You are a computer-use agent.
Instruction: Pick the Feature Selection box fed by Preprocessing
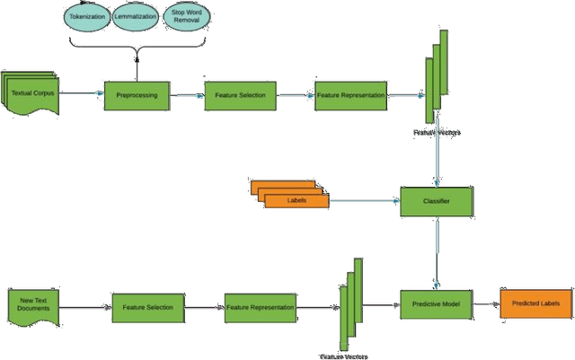[240, 95]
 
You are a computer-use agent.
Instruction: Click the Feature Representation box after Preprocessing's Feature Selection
[350, 95]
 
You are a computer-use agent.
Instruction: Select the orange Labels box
[296, 200]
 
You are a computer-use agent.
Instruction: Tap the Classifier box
[436, 201]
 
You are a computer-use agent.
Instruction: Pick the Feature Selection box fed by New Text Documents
[147, 307]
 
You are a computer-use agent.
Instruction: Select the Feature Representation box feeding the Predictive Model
[260, 307]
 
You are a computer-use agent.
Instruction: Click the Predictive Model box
[436, 305]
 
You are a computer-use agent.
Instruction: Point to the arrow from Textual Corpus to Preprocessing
[82, 93]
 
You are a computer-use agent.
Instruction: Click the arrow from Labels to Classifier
[364, 201]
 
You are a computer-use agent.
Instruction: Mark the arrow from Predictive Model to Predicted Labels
[486, 305]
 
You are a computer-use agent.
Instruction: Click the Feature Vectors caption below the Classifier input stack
[437, 133]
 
